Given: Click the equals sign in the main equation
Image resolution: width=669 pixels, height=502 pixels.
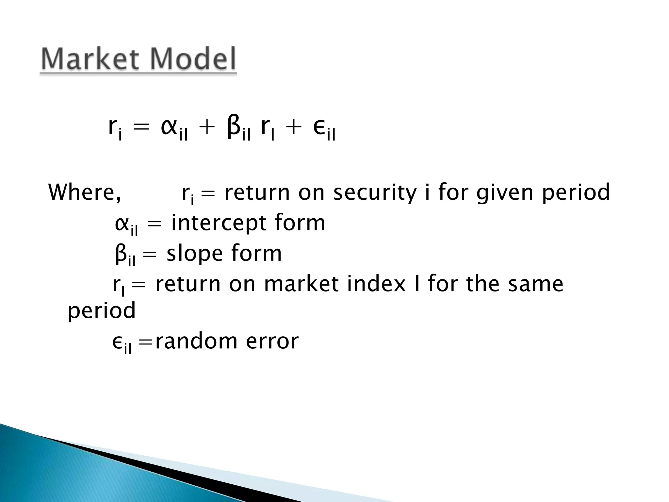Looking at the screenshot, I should [x=141, y=128].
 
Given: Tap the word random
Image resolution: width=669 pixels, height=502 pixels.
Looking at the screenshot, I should [x=196, y=341].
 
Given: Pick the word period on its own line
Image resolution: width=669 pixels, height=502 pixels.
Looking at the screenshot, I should [x=102, y=310].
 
